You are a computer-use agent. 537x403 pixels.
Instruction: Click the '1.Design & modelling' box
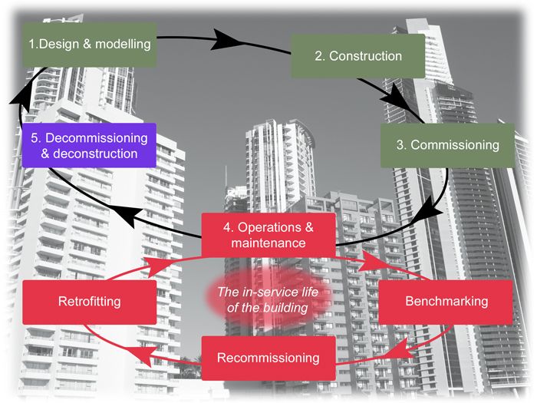tap(91, 45)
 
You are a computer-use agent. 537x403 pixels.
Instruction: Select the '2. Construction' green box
tap(357, 56)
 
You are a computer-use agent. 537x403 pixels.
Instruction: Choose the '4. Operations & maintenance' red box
tap(268, 235)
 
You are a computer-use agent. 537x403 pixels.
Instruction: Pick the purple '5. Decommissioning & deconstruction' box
tap(90, 146)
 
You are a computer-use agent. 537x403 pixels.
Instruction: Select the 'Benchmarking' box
tap(446, 301)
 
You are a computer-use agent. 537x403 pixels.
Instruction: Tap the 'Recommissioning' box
tap(268, 358)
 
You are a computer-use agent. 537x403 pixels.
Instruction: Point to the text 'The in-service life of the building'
tap(268, 299)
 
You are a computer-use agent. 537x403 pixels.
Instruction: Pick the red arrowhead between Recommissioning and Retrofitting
tap(144, 352)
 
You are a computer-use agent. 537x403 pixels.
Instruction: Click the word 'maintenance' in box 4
tap(268, 243)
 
